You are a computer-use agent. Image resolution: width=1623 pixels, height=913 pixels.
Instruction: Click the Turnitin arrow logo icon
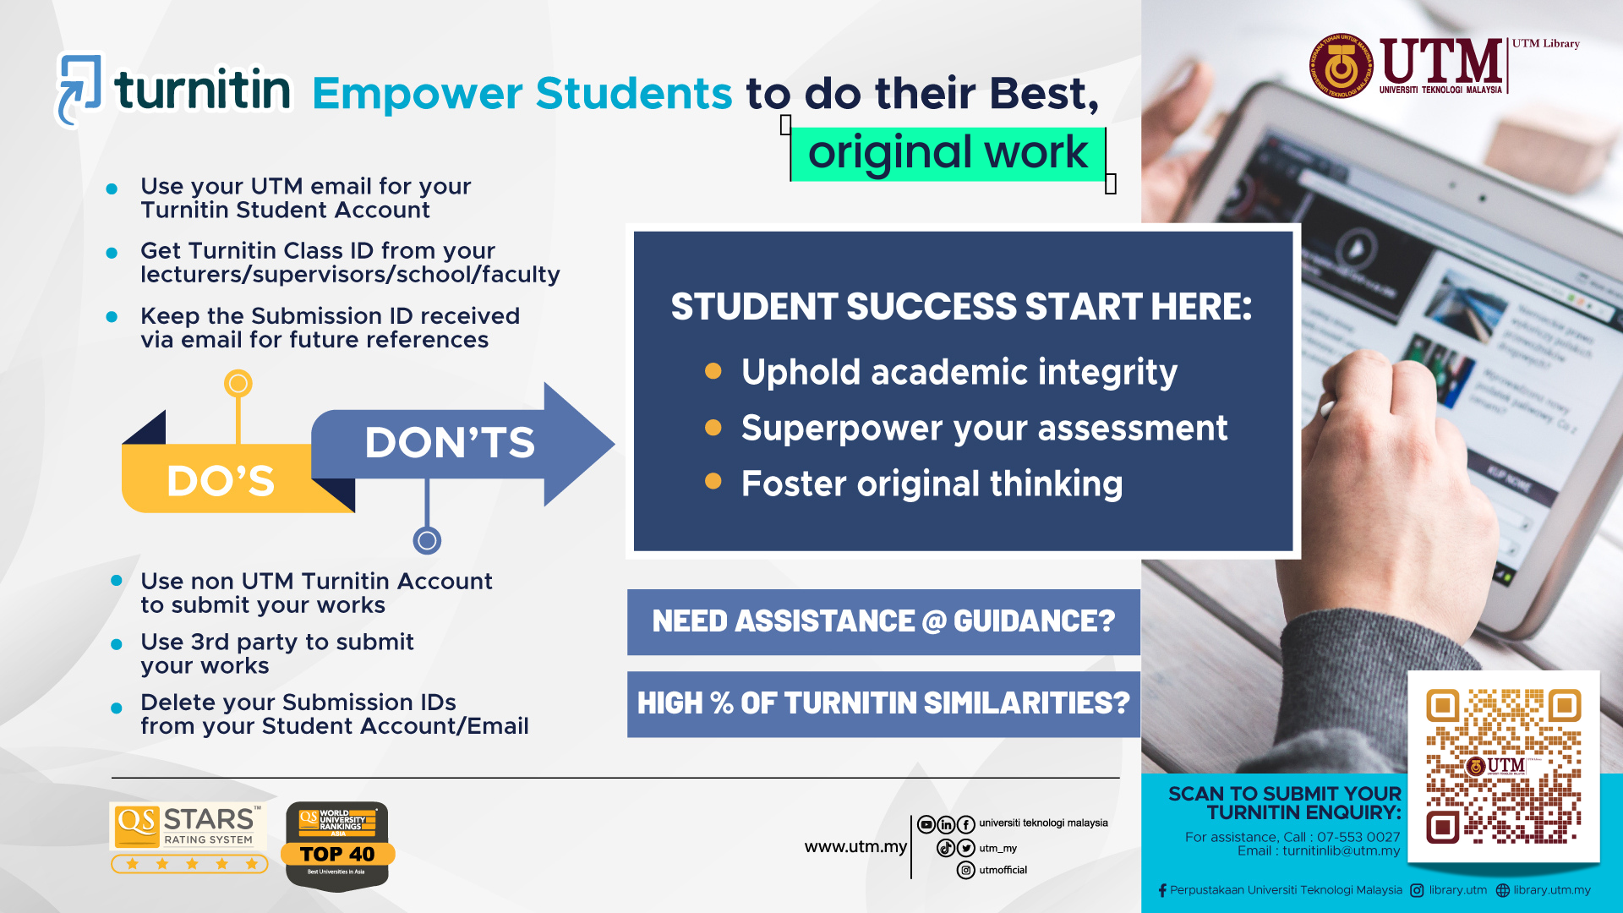(79, 89)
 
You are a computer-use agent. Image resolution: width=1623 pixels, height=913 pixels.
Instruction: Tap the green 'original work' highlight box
(948, 154)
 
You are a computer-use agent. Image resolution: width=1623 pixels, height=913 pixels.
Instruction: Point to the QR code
(1503, 766)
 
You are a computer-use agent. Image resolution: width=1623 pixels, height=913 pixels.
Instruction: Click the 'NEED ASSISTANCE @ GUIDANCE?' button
(883, 621)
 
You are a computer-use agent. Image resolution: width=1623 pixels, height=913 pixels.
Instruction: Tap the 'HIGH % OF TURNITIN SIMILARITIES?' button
(883, 703)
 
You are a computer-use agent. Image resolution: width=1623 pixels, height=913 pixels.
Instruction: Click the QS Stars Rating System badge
(189, 838)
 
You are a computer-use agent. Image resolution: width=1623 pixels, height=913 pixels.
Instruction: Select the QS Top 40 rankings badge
(337, 845)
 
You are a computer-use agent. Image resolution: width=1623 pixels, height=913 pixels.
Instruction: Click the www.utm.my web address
(855, 847)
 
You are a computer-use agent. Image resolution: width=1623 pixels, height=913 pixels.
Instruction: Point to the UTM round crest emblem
(1341, 67)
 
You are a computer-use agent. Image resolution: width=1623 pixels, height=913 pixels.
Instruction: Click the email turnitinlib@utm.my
(1341, 851)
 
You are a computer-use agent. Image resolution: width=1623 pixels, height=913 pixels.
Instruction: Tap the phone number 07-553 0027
(1358, 837)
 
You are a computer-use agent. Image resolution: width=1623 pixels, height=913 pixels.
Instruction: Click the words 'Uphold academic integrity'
(959, 373)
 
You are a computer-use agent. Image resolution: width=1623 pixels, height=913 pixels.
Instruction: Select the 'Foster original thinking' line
(932, 484)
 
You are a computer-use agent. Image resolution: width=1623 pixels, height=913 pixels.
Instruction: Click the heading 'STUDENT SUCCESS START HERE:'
(961, 307)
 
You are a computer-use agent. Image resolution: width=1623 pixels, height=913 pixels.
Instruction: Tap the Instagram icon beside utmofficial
(966, 870)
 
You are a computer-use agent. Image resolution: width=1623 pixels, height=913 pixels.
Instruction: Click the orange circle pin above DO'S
(238, 384)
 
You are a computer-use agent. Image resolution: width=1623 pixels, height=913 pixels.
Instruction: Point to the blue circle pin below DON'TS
(427, 540)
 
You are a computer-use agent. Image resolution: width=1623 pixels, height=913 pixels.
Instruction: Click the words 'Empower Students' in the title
(522, 93)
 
